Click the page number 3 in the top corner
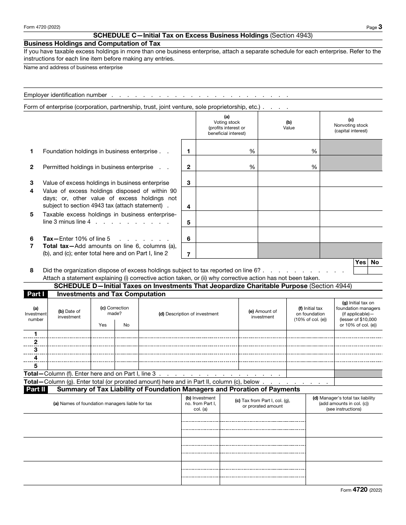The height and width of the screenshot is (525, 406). pos(380,27)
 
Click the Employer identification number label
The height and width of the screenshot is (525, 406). pos(65,95)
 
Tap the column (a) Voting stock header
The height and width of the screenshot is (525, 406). pos(227,125)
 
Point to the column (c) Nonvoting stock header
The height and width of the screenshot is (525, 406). pos(351,125)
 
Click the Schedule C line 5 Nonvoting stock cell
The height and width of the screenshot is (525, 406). pos(351,219)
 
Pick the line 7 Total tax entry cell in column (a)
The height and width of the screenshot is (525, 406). pos(227,251)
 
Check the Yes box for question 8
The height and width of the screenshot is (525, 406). pos(360,270)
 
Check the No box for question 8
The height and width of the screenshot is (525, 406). pos(375,270)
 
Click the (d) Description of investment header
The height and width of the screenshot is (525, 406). pos(188,314)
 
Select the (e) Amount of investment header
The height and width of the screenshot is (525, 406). pos(262,314)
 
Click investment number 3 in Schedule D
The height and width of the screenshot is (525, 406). pos(35,350)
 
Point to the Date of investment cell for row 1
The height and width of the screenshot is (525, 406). pos(69,334)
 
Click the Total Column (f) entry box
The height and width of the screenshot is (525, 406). pos(310,373)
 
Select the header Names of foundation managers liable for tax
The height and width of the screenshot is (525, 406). pos(102,403)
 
